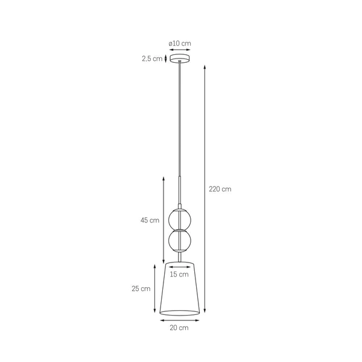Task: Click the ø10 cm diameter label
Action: coord(180,43)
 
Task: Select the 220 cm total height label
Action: coord(220,189)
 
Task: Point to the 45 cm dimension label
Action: coord(150,220)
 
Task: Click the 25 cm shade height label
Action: coord(141,288)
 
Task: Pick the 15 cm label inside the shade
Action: coord(179,275)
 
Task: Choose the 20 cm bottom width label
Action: coord(180,328)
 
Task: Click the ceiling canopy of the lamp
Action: coord(180,59)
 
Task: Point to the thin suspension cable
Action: coord(180,121)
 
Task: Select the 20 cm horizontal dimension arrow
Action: coord(180,320)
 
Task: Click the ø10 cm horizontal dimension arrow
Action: coord(180,51)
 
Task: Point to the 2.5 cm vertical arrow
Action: coord(167,59)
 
